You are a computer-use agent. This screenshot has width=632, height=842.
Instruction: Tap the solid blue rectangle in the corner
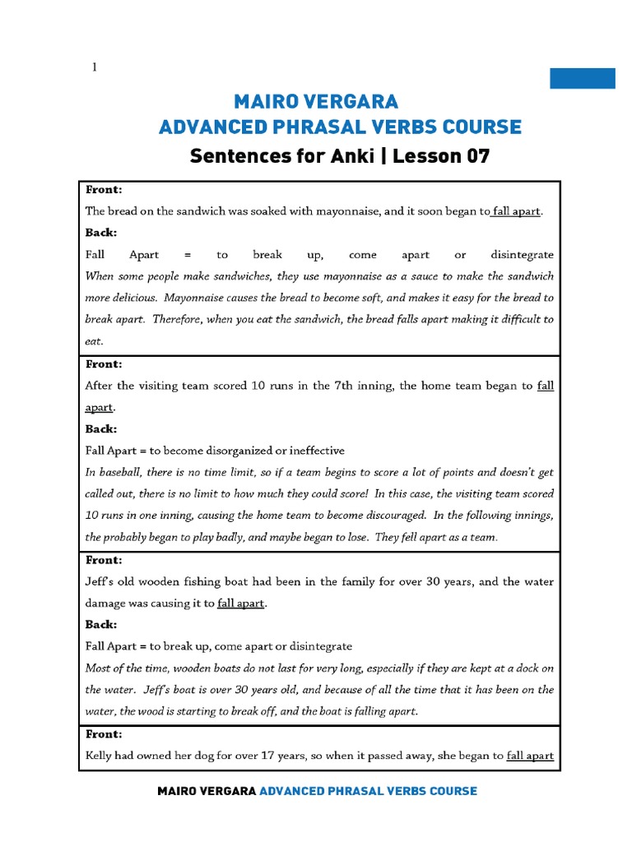tap(582, 78)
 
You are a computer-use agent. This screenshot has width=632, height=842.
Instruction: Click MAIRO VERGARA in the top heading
tap(316, 102)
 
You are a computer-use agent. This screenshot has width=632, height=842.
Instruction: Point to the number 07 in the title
tap(477, 155)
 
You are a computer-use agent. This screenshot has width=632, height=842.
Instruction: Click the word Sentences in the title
tap(233, 155)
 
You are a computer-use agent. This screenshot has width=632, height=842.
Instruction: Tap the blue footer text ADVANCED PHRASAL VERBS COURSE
tap(368, 791)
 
